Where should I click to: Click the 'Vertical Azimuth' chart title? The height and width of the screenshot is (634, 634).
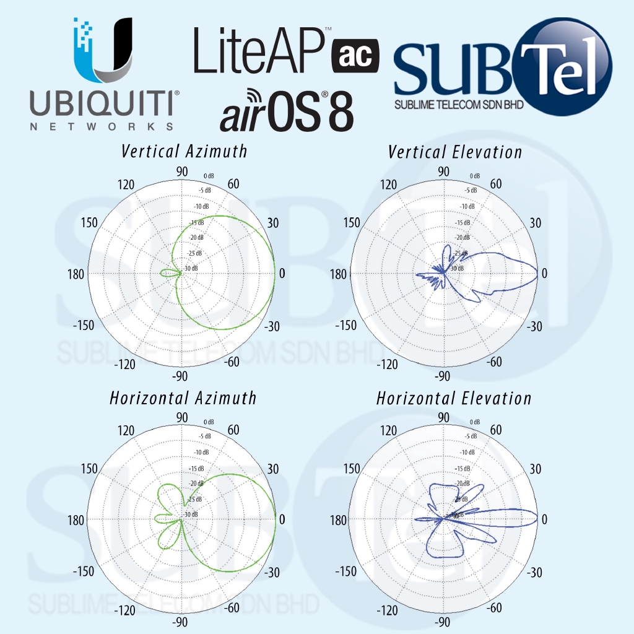[x=184, y=151]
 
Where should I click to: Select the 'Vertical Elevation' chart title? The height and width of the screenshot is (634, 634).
[x=455, y=152]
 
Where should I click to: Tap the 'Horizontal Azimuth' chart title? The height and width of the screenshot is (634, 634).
[x=183, y=397]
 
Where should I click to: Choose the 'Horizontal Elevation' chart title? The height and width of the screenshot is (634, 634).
[x=454, y=398]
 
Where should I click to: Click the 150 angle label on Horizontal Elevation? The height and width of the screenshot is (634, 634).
[x=350, y=469]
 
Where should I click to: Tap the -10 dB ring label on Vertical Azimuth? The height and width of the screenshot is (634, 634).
[x=201, y=206]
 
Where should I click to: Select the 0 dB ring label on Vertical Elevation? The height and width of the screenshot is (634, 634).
[x=475, y=176]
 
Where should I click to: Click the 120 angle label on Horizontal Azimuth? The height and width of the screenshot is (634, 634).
[x=126, y=430]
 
